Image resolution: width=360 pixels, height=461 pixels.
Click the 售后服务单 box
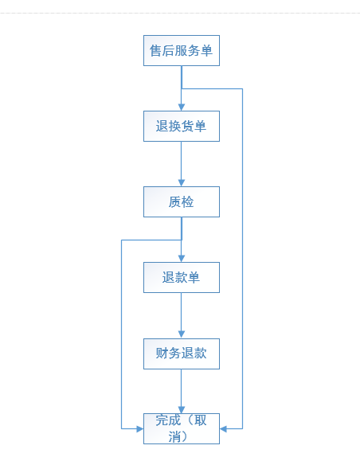click(x=182, y=51)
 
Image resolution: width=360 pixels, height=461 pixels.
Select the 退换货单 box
click(x=182, y=126)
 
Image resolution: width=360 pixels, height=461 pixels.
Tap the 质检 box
click(x=182, y=201)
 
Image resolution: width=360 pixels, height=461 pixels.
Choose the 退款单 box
click(x=182, y=277)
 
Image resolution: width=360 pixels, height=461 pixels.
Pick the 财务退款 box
click(x=182, y=354)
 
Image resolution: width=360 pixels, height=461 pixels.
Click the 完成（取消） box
click(x=182, y=428)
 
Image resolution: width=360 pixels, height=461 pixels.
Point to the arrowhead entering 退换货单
click(x=182, y=107)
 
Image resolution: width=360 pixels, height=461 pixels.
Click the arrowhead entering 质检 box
click(x=182, y=183)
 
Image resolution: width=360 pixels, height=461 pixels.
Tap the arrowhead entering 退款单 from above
click(x=182, y=259)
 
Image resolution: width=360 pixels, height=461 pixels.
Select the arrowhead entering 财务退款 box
click(x=182, y=334)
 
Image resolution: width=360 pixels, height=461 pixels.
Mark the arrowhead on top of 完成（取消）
click(x=182, y=410)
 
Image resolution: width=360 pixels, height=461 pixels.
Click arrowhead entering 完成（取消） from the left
click(x=140, y=429)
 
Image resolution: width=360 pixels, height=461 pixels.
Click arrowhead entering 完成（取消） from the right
click(x=223, y=429)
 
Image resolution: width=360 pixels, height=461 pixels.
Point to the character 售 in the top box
click(x=155, y=51)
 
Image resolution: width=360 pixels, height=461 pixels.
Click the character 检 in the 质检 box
click(x=188, y=202)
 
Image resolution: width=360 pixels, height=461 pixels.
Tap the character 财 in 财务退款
click(x=162, y=354)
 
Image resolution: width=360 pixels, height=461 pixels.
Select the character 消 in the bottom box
click(x=174, y=436)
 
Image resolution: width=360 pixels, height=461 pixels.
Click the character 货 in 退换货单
click(x=187, y=126)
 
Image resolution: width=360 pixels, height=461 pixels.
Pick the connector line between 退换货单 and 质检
click(x=182, y=161)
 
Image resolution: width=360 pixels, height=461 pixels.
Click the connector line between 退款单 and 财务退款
click(x=182, y=312)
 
